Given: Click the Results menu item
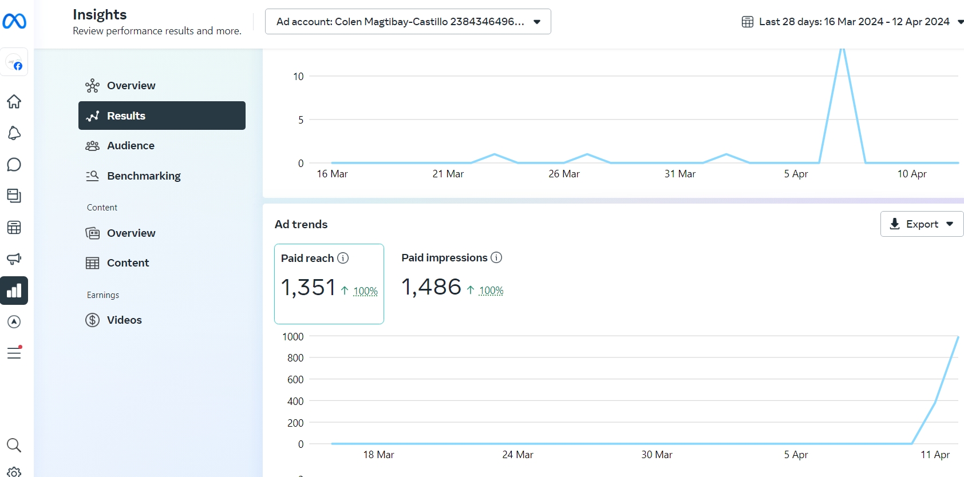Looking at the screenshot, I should pos(161,116).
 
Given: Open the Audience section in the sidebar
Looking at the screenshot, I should pos(131,146).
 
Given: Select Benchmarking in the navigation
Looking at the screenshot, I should pos(143,176).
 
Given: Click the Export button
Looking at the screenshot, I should pos(921,224).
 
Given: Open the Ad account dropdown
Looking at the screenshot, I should pos(408,22).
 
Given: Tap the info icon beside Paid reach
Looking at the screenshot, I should pos(343,258).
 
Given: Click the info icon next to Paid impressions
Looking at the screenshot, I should pos(496,257).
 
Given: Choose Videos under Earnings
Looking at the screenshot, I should pos(124,320).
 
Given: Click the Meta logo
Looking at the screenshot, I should pos(14,22).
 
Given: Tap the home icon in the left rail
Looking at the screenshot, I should pos(14,102).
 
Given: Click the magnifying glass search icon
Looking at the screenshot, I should pos(14,445).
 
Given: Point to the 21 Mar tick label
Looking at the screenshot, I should pos(448,174).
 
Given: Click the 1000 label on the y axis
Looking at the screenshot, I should pos(293,337).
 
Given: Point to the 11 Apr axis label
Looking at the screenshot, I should pos(935,455).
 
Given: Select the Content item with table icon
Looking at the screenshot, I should pos(128,263).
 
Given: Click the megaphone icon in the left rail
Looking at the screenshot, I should pos(14,259).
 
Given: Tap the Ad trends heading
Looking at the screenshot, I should pos(301,224).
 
